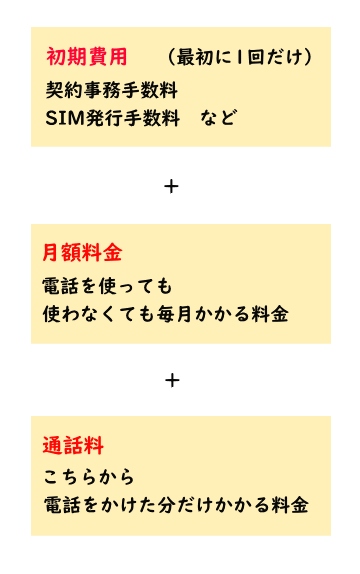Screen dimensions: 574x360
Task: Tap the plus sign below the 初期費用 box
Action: coord(171,186)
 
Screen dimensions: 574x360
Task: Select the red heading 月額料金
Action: coord(82,252)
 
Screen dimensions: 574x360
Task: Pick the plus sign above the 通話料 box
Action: coord(171,380)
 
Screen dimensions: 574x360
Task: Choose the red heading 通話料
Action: coord(73,445)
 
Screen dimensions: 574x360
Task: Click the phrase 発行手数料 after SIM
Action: coord(134,118)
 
